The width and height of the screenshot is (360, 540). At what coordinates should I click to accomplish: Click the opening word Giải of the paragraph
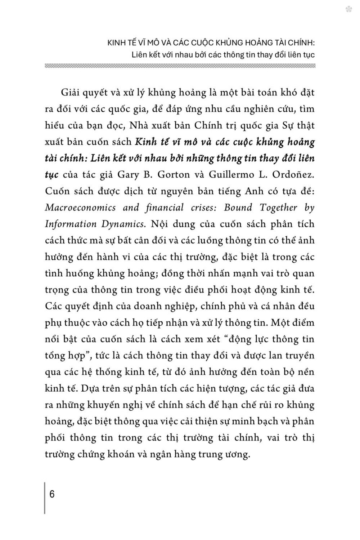click(69, 92)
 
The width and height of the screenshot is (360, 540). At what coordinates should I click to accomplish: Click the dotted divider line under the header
click(180, 66)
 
